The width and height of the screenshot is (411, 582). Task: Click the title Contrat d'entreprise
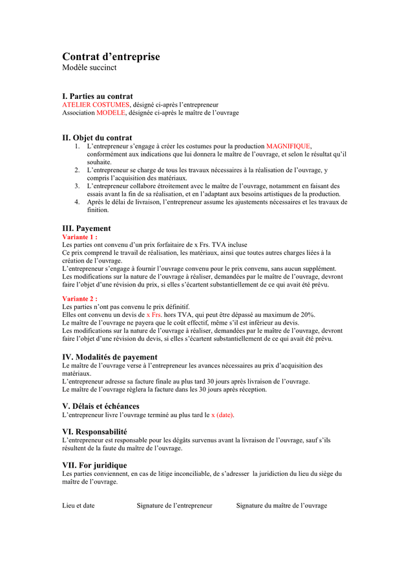(111, 57)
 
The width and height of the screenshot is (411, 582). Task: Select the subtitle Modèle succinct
(89, 68)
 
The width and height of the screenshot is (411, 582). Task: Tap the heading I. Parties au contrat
(98, 96)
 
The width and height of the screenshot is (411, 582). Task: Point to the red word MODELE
(111, 113)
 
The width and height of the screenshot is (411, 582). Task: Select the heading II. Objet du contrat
(97, 138)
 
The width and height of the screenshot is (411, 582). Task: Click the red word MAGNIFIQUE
(288, 146)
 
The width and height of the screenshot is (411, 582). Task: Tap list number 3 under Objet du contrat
(77, 186)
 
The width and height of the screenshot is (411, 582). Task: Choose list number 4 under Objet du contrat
(77, 202)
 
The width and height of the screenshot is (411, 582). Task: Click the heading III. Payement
(87, 228)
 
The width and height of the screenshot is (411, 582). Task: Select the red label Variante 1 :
(79, 237)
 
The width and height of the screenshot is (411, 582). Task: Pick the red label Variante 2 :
(79, 299)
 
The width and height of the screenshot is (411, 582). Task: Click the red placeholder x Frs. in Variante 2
(154, 314)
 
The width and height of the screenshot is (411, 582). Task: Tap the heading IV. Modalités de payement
(110, 357)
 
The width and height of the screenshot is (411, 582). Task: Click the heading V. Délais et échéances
(101, 406)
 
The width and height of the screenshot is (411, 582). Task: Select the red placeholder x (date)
(222, 415)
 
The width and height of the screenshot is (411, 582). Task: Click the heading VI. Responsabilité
(94, 431)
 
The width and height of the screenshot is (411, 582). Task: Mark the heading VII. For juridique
(94, 465)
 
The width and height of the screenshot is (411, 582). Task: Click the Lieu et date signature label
(78, 506)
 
